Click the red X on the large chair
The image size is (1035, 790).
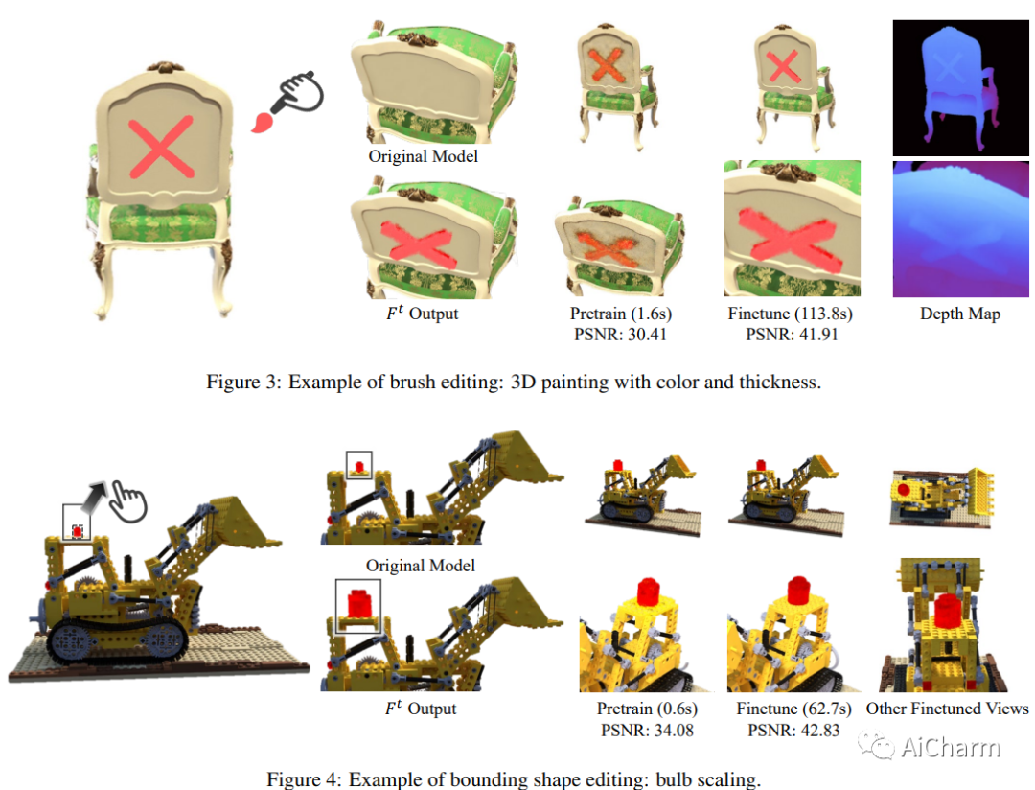pyautogui.click(x=161, y=148)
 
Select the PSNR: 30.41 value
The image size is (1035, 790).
pyautogui.click(x=620, y=335)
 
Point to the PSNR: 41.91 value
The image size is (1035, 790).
pyautogui.click(x=792, y=335)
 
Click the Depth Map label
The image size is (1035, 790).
pyautogui.click(x=959, y=314)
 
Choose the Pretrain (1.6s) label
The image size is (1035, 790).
pyautogui.click(x=620, y=314)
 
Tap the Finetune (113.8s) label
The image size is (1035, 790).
pyautogui.click(x=790, y=314)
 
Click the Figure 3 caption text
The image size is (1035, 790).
pyautogui.click(x=514, y=382)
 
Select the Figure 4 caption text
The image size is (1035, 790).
pyautogui.click(x=514, y=779)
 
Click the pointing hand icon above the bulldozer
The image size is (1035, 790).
pyautogui.click(x=127, y=501)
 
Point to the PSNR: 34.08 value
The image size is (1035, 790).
pyautogui.click(x=647, y=730)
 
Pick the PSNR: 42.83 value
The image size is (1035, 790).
pyautogui.click(x=793, y=730)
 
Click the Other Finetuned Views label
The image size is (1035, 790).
pyautogui.click(x=947, y=709)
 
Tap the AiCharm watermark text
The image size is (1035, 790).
pyautogui.click(x=950, y=747)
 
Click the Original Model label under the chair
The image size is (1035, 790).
pyautogui.click(x=424, y=156)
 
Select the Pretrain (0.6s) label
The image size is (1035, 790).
pyautogui.click(x=647, y=709)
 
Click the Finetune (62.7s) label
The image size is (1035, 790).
pyautogui.click(x=793, y=709)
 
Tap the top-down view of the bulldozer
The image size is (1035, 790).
pyautogui.click(x=942, y=497)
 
